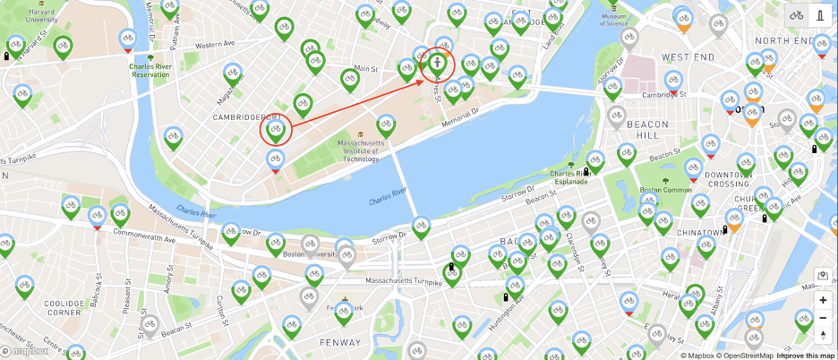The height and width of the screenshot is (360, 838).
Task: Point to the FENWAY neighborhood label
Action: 341,341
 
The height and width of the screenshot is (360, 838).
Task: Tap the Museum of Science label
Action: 612,19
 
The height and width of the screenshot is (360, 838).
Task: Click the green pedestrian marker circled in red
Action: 437,63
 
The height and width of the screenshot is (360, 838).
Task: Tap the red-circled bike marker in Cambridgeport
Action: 276,131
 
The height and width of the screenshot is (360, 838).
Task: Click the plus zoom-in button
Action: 823,300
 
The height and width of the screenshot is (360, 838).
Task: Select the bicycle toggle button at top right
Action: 796,14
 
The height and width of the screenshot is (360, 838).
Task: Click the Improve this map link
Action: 806,356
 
